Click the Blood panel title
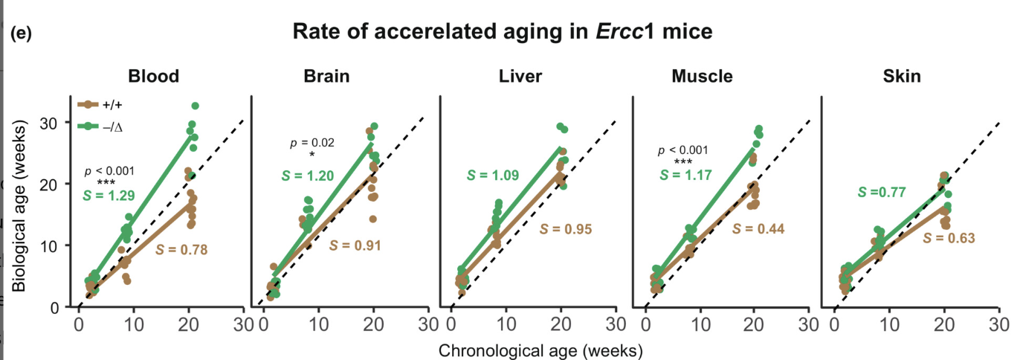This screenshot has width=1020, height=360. [x=153, y=77]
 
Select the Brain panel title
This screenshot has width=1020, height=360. [x=326, y=77]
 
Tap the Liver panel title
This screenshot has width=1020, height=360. [x=520, y=77]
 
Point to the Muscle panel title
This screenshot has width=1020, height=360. [x=701, y=77]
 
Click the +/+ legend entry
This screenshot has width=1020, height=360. [x=100, y=106]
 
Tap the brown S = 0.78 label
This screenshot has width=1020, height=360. [x=181, y=249]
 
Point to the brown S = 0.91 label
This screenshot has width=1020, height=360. [x=355, y=245]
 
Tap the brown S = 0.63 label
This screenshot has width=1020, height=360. [x=949, y=238]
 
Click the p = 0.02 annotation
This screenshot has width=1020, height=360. [x=312, y=143]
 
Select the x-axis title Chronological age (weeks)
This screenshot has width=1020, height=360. [x=540, y=350]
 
